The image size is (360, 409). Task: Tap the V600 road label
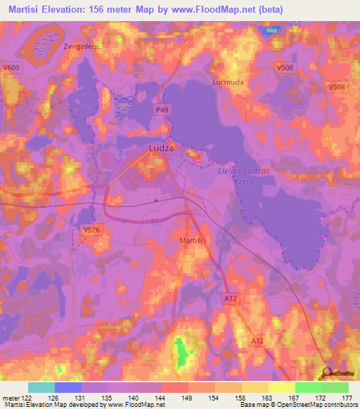(x=11, y=67)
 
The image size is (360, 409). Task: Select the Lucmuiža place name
(x=229, y=82)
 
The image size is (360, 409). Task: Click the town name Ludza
(x=162, y=149)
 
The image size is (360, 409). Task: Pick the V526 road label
(x=91, y=229)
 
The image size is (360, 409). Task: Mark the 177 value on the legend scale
(x=347, y=397)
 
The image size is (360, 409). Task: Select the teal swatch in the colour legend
(x=41, y=387)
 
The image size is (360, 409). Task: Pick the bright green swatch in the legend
(x=308, y=387)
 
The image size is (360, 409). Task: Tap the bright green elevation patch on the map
(x=182, y=347)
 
